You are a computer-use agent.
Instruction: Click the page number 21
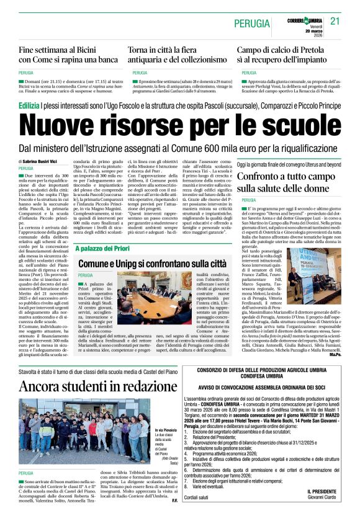[x=336, y=21]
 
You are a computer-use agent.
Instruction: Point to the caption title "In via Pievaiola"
[x=167, y=413]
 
